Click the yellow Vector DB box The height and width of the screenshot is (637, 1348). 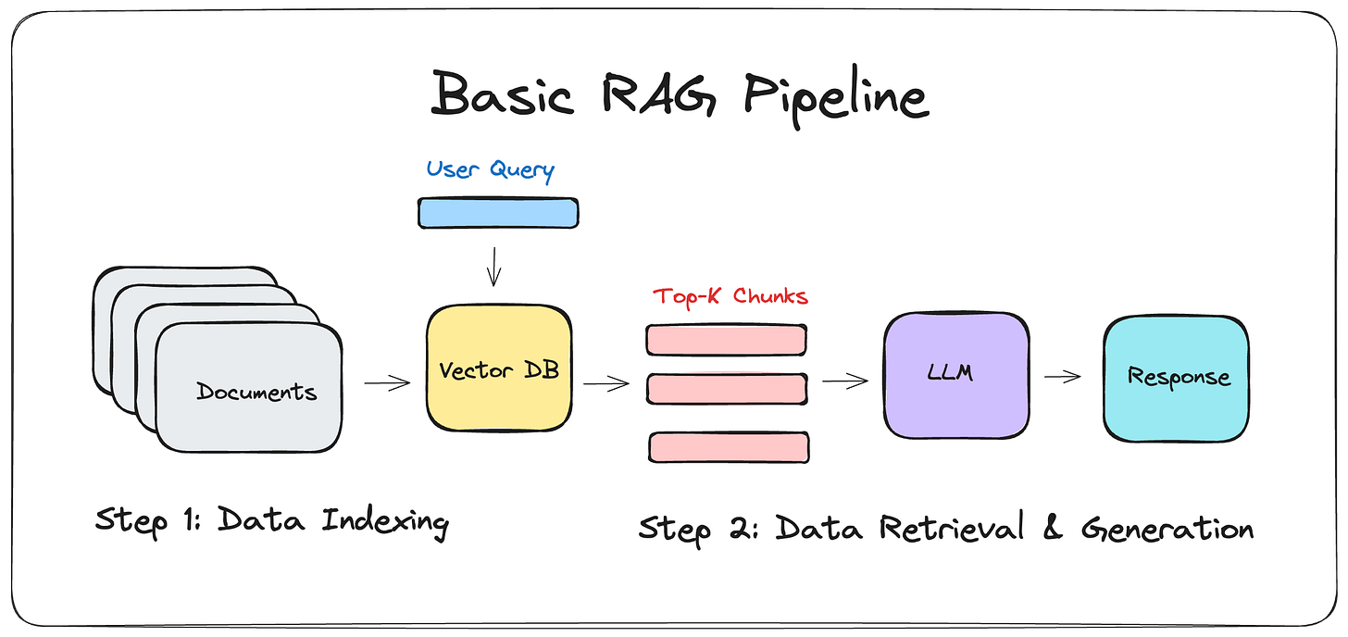[499, 368]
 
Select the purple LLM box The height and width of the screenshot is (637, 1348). [955, 376]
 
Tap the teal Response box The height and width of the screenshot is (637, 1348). [1176, 377]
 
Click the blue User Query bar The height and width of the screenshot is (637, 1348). [498, 214]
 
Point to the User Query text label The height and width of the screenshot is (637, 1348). [490, 169]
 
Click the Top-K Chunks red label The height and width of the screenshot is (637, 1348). [730, 297]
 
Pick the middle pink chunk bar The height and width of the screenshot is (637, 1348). [728, 389]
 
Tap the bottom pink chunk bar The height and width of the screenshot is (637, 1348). [729, 447]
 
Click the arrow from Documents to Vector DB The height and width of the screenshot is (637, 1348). [387, 382]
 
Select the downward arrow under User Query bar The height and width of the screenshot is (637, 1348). [494, 266]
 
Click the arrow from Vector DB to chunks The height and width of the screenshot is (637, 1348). [606, 382]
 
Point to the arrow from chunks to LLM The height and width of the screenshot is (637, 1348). [844, 381]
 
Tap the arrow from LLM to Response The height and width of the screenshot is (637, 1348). [1063, 377]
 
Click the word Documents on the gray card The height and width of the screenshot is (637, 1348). [256, 392]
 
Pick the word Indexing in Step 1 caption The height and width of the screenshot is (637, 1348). [385, 522]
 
